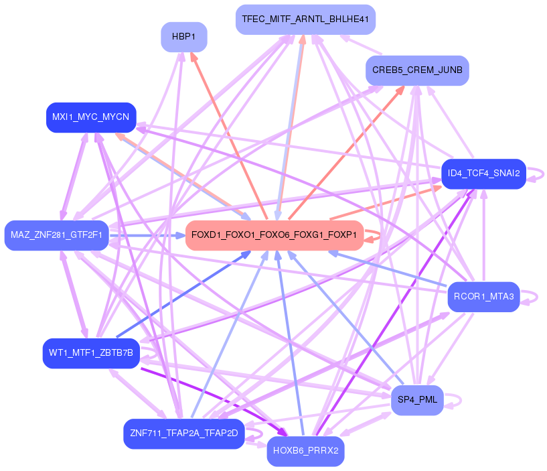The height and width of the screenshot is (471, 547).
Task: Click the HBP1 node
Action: (x=183, y=37)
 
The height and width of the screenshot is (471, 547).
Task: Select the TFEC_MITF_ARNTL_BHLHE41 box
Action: (x=305, y=19)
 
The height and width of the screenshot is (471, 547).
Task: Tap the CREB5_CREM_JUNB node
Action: (x=417, y=70)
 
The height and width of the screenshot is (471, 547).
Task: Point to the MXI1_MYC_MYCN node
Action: (x=90, y=117)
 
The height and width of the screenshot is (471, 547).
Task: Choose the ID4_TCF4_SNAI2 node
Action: (x=483, y=174)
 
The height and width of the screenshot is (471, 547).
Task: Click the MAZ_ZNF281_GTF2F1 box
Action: (x=56, y=235)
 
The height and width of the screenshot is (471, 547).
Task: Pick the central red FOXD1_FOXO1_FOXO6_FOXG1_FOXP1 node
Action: (x=274, y=235)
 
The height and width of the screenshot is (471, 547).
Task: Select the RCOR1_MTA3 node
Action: (x=483, y=297)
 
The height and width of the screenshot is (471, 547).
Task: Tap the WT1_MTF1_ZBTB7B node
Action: (x=91, y=352)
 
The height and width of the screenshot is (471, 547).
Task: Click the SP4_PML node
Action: (x=417, y=400)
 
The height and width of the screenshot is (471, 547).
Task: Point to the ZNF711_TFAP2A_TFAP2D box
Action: (x=183, y=433)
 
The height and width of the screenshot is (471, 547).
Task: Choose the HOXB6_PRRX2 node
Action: (x=306, y=451)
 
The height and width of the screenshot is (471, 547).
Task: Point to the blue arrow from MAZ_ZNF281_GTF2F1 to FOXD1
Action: (x=147, y=235)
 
